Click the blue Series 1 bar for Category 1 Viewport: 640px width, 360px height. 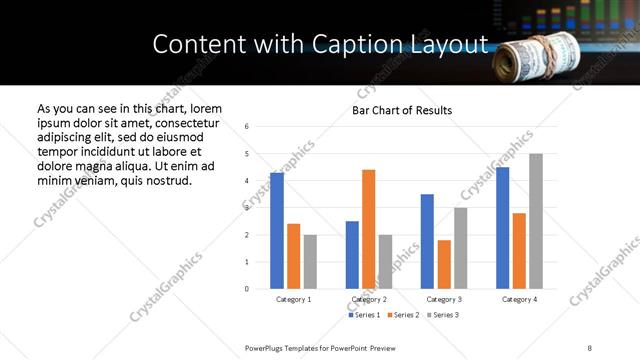pos(277,231)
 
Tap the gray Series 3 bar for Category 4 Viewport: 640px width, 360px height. pos(536,221)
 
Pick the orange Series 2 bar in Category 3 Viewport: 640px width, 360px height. pos(444,264)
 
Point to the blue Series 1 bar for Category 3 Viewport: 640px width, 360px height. pos(427,241)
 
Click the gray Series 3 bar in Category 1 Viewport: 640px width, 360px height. pos(310,262)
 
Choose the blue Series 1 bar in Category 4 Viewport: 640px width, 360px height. pos(502,228)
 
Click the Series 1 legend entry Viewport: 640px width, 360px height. pos(364,315)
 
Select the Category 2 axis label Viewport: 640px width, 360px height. pos(369,299)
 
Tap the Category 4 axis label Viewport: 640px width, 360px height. pos(519,299)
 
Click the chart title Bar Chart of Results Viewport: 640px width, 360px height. pos(402,110)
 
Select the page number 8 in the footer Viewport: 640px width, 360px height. pos(589,346)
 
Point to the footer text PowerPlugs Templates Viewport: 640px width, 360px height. pos(290,346)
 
